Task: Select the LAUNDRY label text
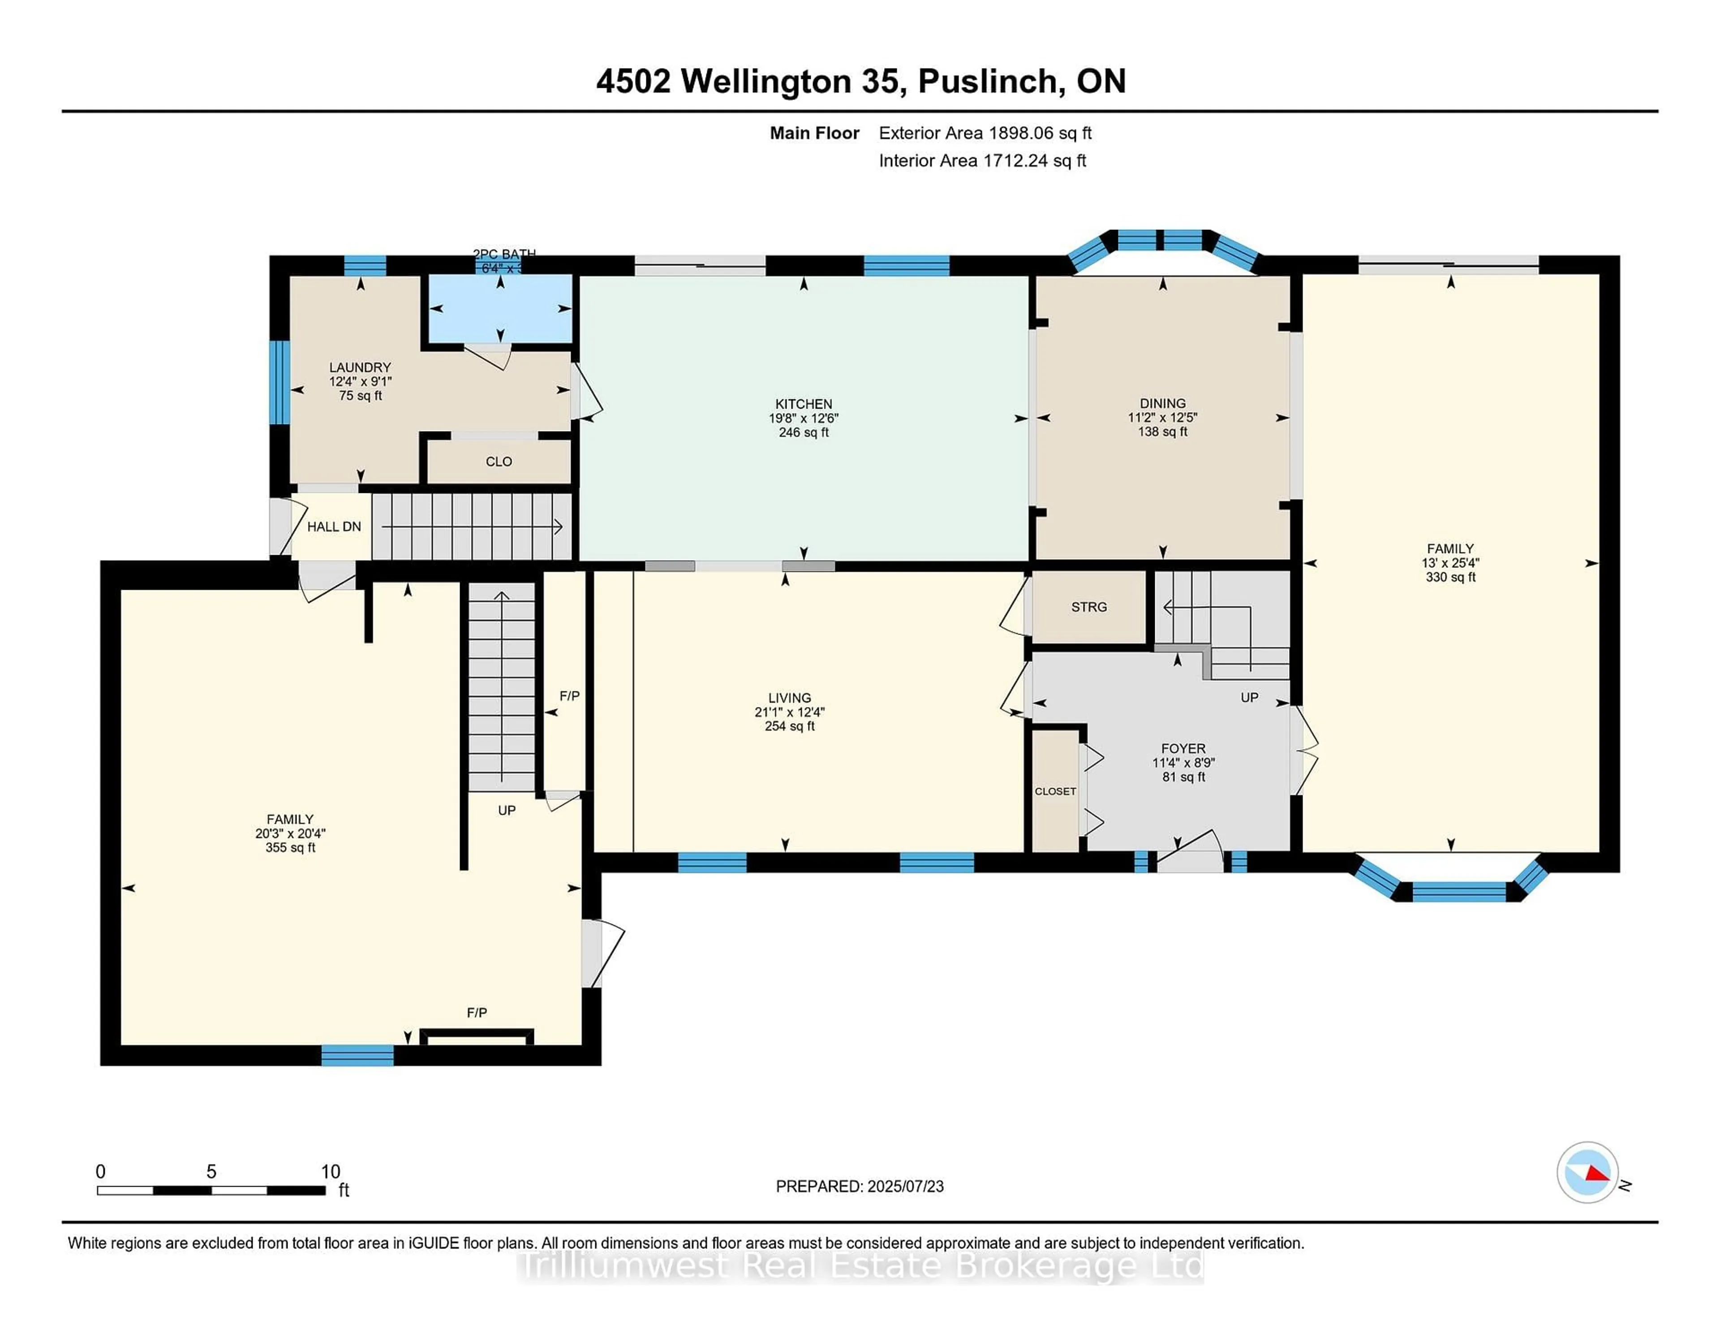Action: coord(360,367)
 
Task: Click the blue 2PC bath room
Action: coord(500,309)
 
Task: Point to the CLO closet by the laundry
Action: coord(499,462)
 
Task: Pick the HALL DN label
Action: coord(334,527)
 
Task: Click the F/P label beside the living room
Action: coord(569,696)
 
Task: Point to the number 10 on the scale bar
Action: coord(330,1172)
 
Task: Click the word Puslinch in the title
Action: coord(988,81)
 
